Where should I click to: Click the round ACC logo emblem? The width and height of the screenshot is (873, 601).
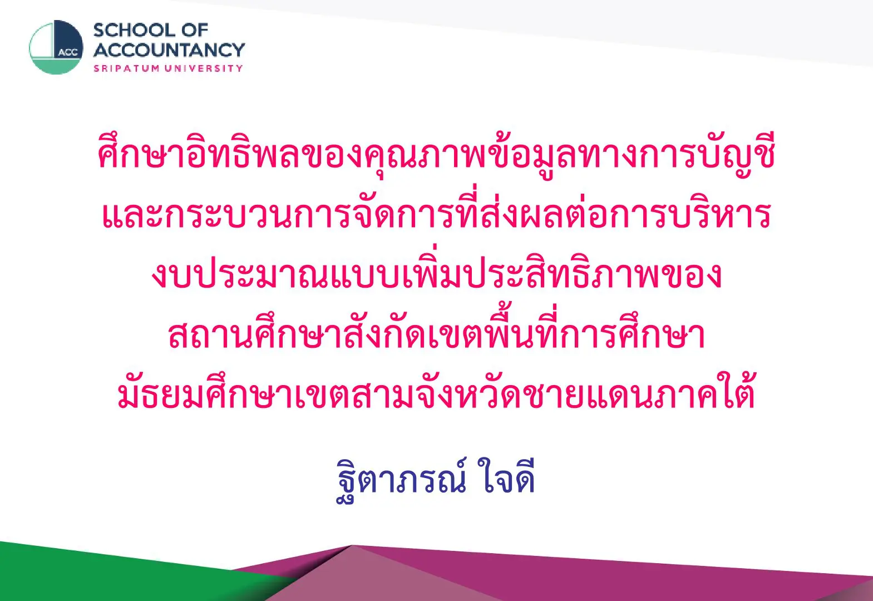56,47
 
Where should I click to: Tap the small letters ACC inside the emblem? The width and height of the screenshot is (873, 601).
68,53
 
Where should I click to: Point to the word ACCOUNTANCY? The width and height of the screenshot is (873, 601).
169,50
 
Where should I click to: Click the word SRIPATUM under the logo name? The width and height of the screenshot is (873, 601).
126,68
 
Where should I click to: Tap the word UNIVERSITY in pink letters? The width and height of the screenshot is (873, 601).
204,68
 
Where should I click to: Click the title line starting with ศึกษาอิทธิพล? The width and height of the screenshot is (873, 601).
436,156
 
